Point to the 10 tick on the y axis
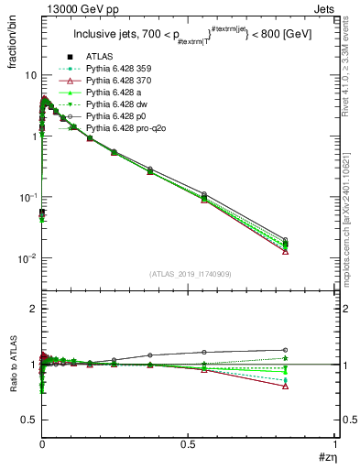pos(30,75)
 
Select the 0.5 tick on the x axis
pos(189,444)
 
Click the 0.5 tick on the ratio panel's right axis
pos(340,420)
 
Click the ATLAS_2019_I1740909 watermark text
pos(189,274)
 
